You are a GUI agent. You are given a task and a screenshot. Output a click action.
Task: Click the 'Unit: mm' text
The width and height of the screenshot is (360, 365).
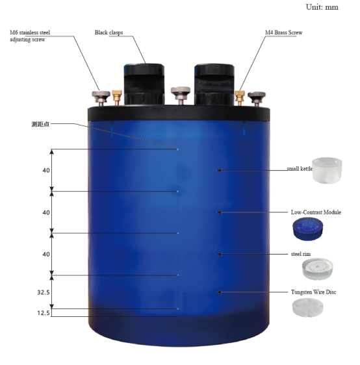tap(322, 7)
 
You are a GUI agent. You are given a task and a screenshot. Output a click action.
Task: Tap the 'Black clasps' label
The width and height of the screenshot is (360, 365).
tap(109, 32)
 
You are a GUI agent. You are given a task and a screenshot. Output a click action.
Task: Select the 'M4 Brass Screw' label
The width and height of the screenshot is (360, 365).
tap(283, 32)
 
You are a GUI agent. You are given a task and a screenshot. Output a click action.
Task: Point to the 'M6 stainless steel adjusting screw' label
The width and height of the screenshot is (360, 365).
tap(30, 36)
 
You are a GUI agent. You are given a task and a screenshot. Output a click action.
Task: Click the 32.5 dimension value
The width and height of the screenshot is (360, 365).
tap(44, 292)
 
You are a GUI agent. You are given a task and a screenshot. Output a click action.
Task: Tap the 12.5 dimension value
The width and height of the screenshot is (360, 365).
tap(44, 313)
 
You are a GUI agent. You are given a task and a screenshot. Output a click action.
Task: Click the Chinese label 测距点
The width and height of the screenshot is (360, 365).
tap(40, 124)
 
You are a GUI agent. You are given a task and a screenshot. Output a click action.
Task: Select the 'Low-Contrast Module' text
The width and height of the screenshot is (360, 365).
tap(316, 212)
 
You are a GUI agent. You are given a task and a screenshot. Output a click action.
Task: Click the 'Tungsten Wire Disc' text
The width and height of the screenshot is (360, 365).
tap(313, 292)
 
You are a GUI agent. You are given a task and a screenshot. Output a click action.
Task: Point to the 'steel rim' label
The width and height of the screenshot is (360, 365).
tap(301, 254)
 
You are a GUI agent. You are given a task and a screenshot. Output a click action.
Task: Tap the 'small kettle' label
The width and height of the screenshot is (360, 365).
tap(300, 168)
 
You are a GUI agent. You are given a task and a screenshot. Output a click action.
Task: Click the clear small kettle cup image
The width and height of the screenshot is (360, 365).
tap(327, 170)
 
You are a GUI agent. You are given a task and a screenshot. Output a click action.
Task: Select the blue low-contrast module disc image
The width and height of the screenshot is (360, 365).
tap(308, 229)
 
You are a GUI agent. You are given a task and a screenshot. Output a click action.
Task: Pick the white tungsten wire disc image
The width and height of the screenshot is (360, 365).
tap(308, 308)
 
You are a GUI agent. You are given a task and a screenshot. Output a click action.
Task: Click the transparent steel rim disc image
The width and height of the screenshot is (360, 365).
tap(318, 268)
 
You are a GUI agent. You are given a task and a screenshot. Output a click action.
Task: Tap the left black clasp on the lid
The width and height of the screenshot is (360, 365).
tap(144, 84)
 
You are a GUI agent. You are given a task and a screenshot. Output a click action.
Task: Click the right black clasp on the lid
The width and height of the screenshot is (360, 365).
tap(214, 84)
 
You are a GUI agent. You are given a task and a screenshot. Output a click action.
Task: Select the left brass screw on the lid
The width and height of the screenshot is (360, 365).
tap(117, 97)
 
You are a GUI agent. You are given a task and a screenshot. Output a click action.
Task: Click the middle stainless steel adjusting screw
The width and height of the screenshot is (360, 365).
tap(181, 95)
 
